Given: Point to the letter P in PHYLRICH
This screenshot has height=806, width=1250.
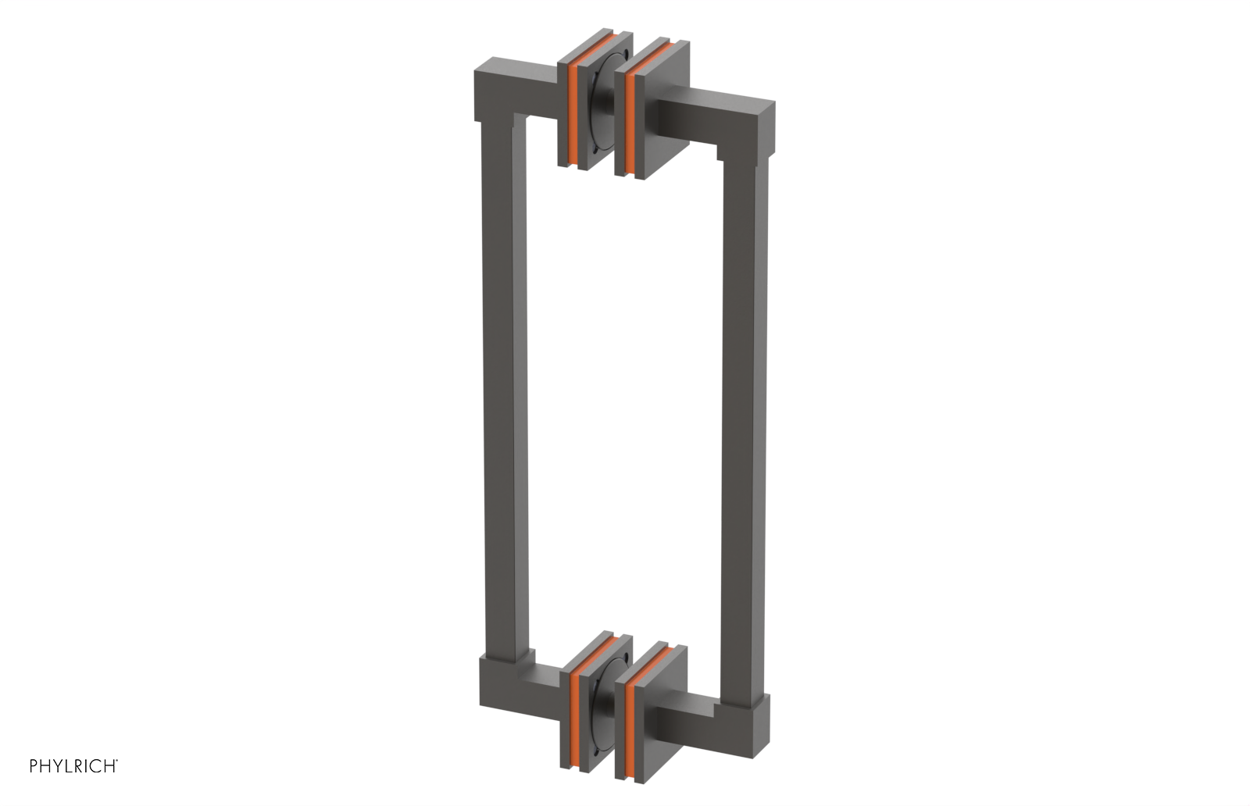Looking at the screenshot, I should tap(34, 766).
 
